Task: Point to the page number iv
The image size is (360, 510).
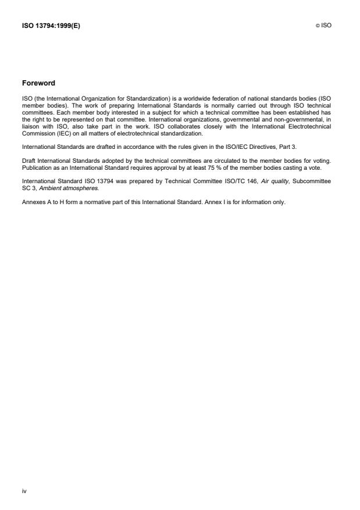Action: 24,491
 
